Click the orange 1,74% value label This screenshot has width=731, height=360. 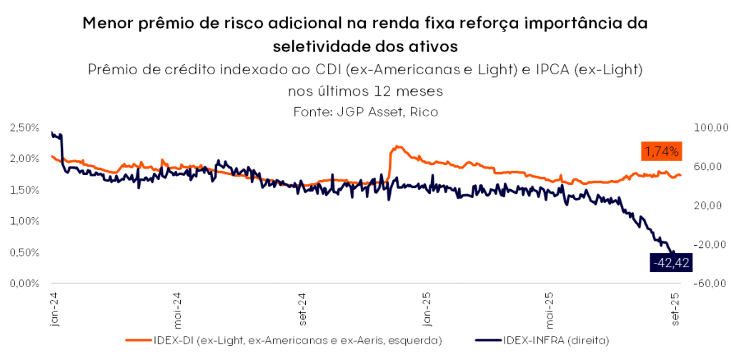click(x=660, y=151)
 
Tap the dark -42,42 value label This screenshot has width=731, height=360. click(x=670, y=263)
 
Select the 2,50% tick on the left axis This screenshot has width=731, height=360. click(x=24, y=127)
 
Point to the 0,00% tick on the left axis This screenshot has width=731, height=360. click(x=24, y=284)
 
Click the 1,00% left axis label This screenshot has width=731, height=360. click(x=24, y=221)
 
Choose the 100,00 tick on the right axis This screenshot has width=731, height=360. click(x=711, y=127)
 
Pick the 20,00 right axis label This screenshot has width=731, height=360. click(x=711, y=206)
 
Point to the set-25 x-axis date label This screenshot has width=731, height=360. click(x=676, y=309)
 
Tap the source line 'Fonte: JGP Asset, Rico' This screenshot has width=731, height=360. click(x=365, y=112)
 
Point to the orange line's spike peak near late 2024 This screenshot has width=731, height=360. click(x=397, y=146)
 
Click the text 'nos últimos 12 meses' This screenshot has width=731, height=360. click(x=365, y=91)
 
